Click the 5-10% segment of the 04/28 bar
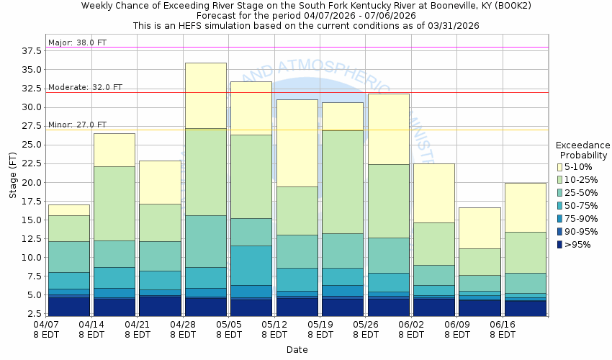(206, 95)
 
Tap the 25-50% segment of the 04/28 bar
(206, 241)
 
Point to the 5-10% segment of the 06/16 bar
(526, 207)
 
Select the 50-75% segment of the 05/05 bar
(251, 265)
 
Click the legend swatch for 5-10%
(559, 167)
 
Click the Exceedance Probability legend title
(584, 150)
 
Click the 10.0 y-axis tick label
(31, 258)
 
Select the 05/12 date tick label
(274, 330)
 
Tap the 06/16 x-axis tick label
(503, 330)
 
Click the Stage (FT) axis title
(12, 177)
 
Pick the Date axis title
(297, 350)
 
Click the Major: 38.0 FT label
(77, 42)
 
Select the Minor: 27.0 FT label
(77, 125)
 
